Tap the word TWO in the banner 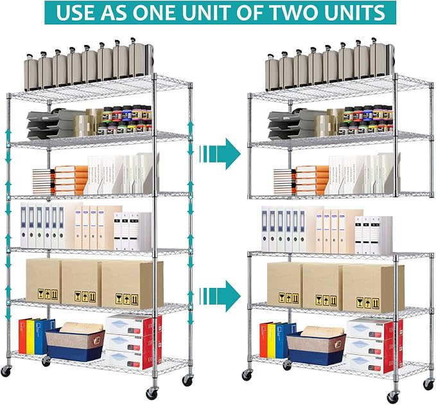tap(295, 12)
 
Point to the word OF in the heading tap(251, 12)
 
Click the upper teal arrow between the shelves tap(220, 154)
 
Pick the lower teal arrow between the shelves tap(220, 296)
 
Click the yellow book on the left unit tap(30, 337)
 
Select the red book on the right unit tap(263, 340)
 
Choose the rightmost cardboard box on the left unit tap(132, 285)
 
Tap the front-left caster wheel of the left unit tap(5, 371)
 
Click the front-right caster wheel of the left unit tap(152, 393)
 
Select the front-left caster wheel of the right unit tap(247, 375)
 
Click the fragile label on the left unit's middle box tap(85, 297)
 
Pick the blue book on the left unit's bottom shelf tap(41, 336)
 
